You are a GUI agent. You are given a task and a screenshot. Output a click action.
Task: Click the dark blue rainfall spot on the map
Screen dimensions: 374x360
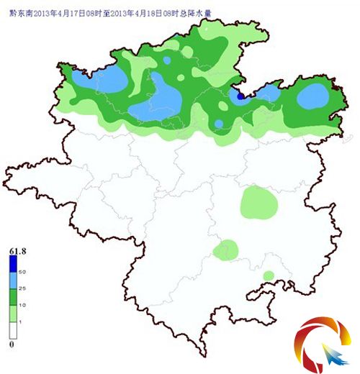(240, 95)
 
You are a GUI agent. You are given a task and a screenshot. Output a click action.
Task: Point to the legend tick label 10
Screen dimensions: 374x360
(22, 306)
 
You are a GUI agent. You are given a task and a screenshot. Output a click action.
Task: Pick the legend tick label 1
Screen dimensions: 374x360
(22, 322)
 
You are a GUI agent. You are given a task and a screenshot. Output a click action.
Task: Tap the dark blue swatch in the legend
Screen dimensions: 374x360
(13, 264)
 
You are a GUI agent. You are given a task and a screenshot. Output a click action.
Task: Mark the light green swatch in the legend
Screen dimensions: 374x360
(13, 314)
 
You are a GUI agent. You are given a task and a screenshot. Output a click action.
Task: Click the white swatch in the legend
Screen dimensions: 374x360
(13, 331)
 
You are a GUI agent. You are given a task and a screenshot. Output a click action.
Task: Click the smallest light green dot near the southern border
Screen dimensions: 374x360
(269, 275)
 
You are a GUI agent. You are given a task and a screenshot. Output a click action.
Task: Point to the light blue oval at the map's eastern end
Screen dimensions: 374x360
(313, 96)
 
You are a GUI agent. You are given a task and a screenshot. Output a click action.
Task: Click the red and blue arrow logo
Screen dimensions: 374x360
(323, 344)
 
